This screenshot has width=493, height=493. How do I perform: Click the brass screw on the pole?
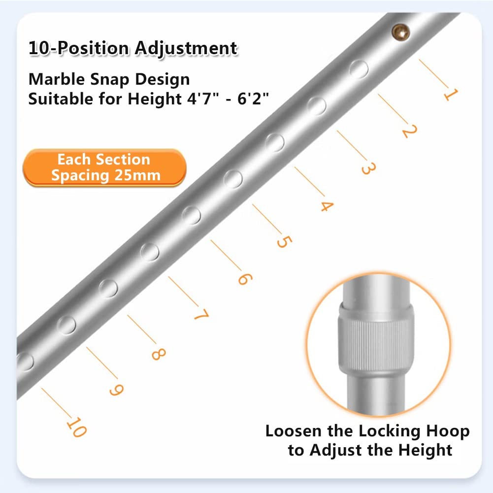coord(400,33)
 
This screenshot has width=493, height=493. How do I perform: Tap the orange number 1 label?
coord(451,94)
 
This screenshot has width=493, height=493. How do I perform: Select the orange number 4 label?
coord(327,206)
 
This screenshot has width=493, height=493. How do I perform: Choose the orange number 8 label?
coord(159,354)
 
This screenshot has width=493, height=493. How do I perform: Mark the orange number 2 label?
coord(409,131)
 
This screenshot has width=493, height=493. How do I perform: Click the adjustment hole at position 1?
coord(359,69)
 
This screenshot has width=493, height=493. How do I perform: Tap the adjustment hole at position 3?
coord(275,142)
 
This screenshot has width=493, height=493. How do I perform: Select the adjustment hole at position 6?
coord(150,252)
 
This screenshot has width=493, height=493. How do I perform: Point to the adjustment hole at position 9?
coord(25,361)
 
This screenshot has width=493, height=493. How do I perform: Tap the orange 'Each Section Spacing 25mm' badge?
coord(104,167)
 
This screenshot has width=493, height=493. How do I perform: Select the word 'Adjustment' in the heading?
coord(186,49)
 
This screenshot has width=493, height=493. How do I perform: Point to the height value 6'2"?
coord(253,99)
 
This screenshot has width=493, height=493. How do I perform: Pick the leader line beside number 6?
coord(226,255)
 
